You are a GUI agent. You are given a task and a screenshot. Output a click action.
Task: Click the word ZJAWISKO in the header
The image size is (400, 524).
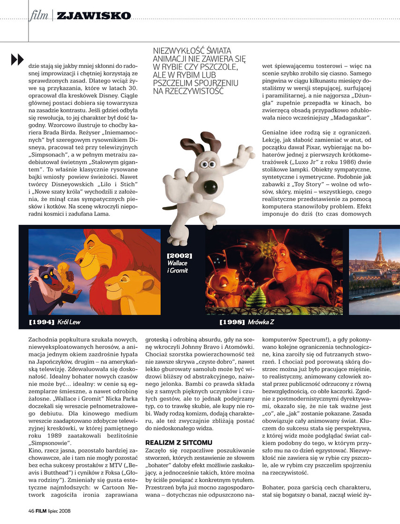click(x=93, y=16)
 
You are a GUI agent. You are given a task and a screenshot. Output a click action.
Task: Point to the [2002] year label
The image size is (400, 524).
click(x=179, y=256)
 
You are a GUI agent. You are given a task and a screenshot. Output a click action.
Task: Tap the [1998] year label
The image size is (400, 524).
click(x=232, y=323)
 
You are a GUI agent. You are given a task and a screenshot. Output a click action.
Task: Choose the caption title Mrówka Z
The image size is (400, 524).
click(x=264, y=323)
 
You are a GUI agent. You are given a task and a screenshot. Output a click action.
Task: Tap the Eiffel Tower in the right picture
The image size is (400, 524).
click(x=380, y=253)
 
